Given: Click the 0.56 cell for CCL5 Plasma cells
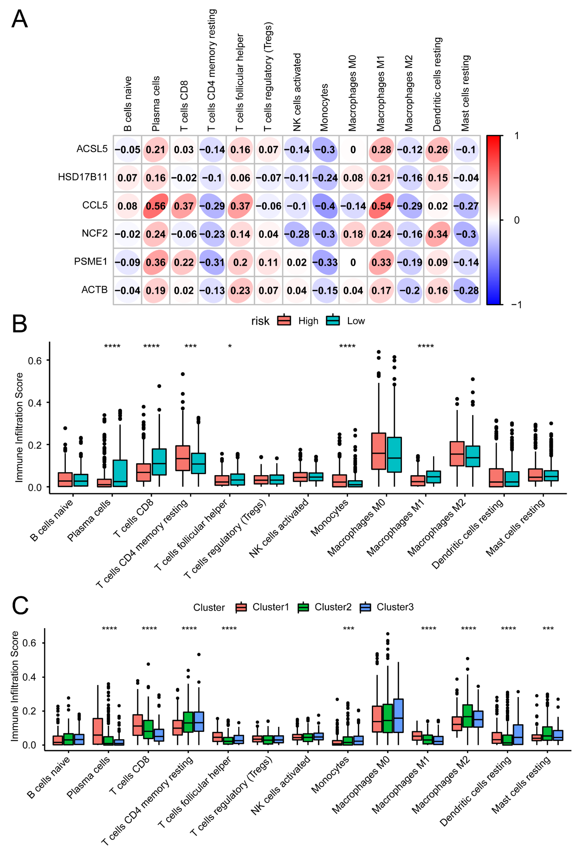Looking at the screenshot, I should click(x=156, y=206).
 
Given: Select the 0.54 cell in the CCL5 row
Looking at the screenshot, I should click(x=381, y=206).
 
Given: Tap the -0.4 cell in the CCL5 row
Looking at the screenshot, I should click(x=325, y=206).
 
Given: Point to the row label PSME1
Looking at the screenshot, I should click(x=91, y=261).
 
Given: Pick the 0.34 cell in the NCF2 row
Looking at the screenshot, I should click(x=438, y=234).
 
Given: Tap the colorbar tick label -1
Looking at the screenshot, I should click(x=516, y=305).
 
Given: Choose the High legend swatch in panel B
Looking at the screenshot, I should click(x=284, y=321).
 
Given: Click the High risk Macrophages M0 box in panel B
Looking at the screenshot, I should click(x=379, y=451).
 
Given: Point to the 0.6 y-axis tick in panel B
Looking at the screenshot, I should click(x=35, y=361).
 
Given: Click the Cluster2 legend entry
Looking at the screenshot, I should click(x=333, y=607).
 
